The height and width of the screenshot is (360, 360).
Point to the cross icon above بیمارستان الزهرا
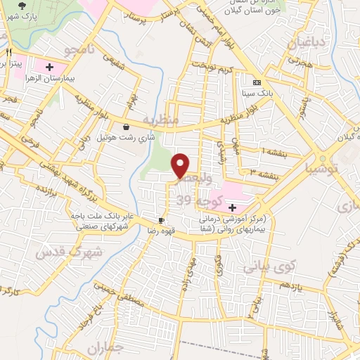pos(49,67)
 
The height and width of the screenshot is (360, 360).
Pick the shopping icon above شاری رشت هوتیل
pos(126,127)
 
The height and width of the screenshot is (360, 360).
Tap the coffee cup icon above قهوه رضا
pos(162,219)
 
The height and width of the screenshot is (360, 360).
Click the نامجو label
pos(75,51)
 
